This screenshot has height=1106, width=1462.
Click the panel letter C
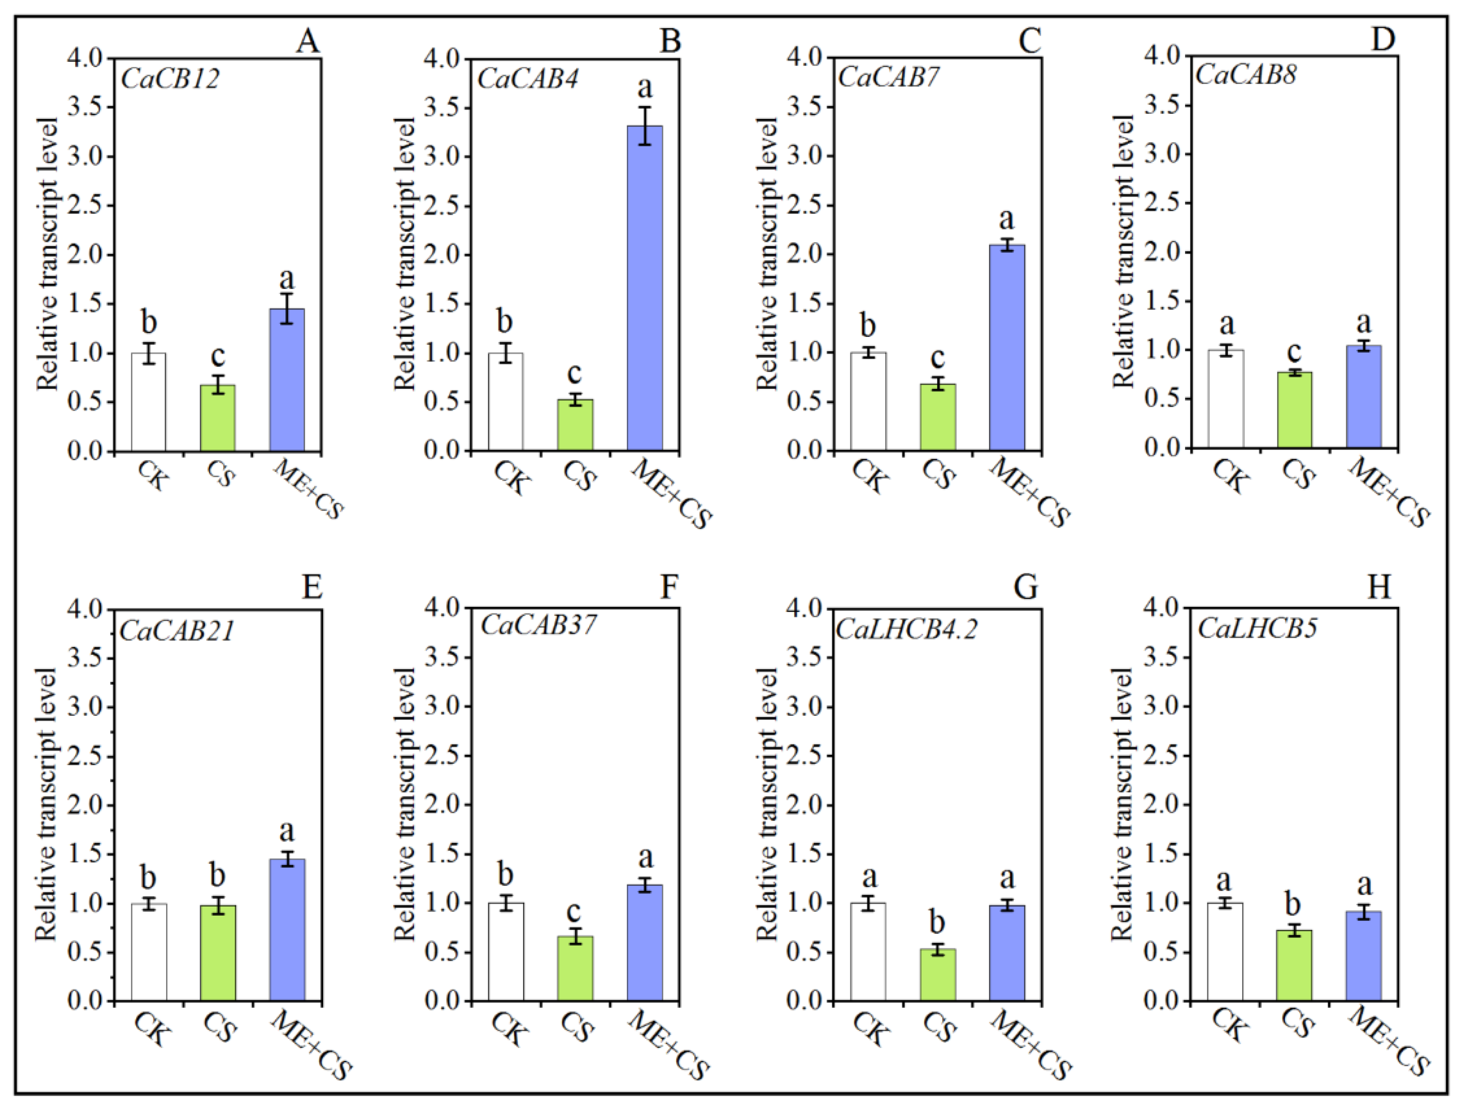[1028, 41]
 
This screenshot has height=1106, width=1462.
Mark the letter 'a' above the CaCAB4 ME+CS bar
[644, 86]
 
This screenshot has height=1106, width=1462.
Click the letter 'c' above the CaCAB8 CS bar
[1294, 351]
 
